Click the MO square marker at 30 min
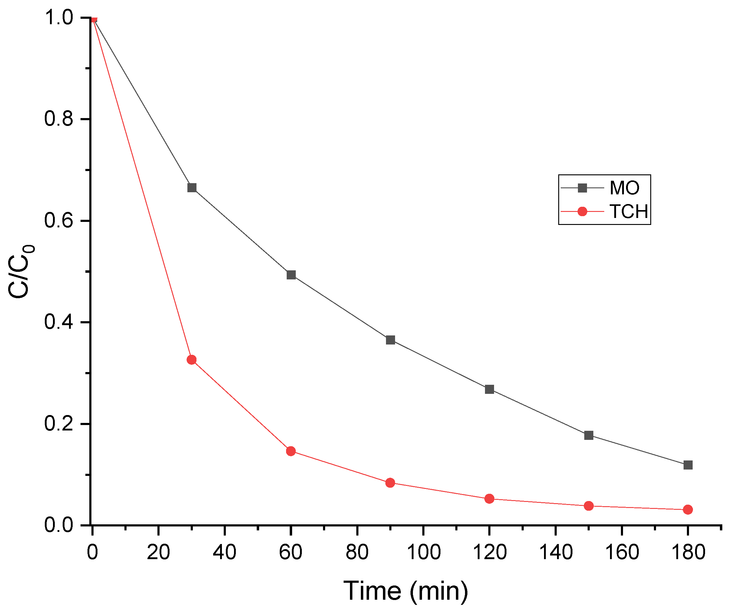click(192, 188)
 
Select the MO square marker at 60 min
click(291, 275)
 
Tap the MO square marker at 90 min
click(391, 340)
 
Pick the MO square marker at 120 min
click(490, 389)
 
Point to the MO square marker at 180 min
click(688, 465)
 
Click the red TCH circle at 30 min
click(192, 360)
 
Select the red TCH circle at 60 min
click(291, 451)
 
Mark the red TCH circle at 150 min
click(589, 506)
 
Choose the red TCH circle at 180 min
click(688, 509)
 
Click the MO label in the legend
click(625, 188)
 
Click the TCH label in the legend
click(629, 212)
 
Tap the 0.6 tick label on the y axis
click(58, 221)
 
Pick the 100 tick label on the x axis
click(424, 552)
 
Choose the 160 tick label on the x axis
click(622, 552)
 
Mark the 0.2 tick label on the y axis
click(58, 424)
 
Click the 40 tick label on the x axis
click(225, 552)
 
